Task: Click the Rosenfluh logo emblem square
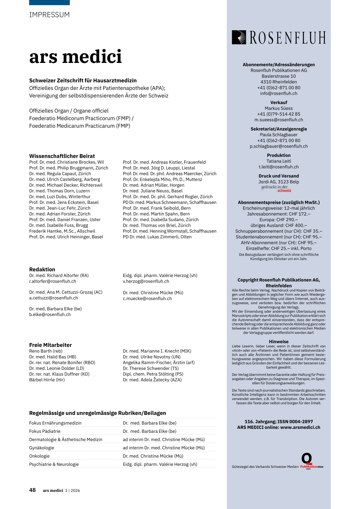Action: tap(239, 37)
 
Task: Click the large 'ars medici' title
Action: tap(76, 57)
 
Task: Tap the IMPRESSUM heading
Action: tap(50, 15)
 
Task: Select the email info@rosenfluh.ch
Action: tap(278, 94)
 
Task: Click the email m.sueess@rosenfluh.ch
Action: tap(278, 120)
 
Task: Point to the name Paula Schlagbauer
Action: tap(278, 135)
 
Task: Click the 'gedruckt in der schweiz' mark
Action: tap(276, 188)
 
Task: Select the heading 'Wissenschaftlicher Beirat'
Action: tap(62, 156)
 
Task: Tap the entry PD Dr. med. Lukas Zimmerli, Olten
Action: tap(157, 237)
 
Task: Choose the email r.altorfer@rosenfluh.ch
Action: tap(53, 281)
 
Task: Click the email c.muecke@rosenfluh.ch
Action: tap(147, 298)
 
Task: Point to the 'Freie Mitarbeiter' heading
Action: tap(50, 345)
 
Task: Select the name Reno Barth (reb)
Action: tap(46, 351)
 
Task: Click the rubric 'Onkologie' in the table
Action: tap(39, 456)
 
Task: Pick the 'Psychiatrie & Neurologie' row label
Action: tap(54, 464)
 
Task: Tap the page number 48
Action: tap(32, 490)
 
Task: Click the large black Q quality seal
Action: tap(307, 458)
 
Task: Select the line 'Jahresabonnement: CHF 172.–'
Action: tap(278, 214)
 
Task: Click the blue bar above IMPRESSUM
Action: tap(49, 2)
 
